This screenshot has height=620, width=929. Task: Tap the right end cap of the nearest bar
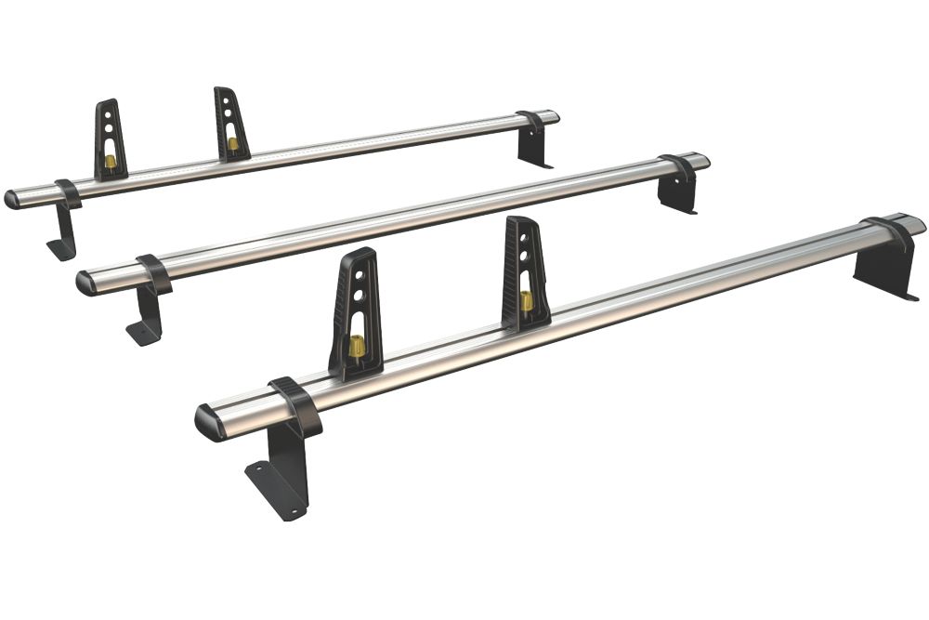pos(915,224)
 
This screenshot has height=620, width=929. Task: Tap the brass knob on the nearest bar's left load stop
pos(355,349)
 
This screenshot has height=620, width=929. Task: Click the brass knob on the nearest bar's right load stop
pos(527,299)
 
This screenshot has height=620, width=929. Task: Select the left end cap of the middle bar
pos(85,281)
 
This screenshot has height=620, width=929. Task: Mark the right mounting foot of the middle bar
pos(678,192)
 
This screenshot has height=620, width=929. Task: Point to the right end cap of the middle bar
pos(702,161)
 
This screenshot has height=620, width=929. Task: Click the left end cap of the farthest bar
pos(13,200)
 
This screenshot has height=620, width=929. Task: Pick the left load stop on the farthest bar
pos(111,140)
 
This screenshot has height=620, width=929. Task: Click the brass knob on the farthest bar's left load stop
pos(111,162)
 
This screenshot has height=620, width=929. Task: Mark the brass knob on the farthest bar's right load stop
pos(232,143)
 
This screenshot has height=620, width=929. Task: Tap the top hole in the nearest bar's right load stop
pos(523,235)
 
